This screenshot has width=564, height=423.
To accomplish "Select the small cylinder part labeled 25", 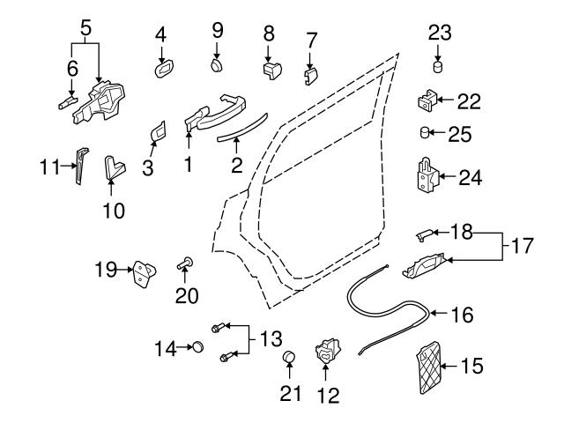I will click(x=426, y=134).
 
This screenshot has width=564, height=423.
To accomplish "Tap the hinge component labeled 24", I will click(x=427, y=177).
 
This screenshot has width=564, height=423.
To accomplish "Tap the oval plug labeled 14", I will click(x=198, y=348).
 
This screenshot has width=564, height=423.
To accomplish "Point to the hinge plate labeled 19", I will click(x=142, y=275).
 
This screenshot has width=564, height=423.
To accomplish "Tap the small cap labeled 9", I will click(x=217, y=64).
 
